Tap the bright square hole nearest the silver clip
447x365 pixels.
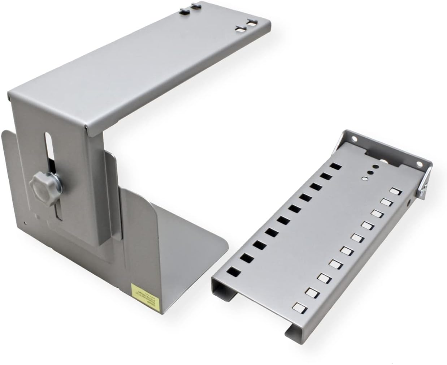394,190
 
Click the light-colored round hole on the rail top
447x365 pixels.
365,179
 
